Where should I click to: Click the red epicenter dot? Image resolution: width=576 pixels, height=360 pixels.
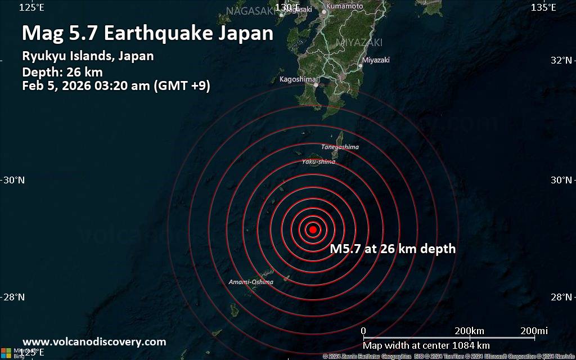[313, 229]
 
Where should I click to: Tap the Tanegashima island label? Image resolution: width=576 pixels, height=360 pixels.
[340, 147]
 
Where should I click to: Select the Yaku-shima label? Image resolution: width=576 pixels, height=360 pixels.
[318, 162]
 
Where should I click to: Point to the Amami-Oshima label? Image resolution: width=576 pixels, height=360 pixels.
[251, 282]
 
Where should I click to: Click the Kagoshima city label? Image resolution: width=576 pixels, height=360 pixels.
[298, 79]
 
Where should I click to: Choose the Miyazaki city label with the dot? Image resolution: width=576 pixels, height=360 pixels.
[376, 60]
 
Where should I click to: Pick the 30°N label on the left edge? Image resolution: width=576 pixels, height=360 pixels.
[14, 180]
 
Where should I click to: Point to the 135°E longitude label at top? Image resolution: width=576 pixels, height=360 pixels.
[544, 7]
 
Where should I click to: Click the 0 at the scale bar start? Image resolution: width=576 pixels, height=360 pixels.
[363, 330]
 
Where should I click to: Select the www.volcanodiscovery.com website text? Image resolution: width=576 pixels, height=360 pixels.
[94, 341]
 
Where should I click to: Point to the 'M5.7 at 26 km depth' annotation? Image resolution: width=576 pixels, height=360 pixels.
[393, 249]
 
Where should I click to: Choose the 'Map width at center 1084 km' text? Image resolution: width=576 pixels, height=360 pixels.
[426, 345]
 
